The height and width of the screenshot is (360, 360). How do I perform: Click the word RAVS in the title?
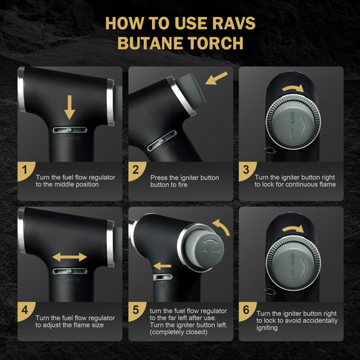click(x=234, y=23)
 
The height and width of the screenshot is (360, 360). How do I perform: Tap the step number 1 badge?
click(x=25, y=170)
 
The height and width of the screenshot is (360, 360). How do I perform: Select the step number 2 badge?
click(x=136, y=170)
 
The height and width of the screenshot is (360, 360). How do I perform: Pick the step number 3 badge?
click(x=247, y=170)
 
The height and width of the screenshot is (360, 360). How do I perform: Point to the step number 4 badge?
click(x=25, y=311)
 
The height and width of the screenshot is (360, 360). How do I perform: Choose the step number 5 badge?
click(x=136, y=311)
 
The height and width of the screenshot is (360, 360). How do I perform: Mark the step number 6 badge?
click(x=247, y=311)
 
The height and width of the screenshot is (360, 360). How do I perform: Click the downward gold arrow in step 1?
click(x=70, y=107)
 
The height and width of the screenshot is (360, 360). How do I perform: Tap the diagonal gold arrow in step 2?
click(x=216, y=78)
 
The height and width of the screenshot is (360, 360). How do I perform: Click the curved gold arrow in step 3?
click(x=292, y=88)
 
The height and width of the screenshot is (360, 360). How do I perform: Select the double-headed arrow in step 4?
click(x=70, y=257)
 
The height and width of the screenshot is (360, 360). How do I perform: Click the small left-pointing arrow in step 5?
click(x=162, y=266)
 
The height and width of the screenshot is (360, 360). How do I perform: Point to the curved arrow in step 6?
click(x=292, y=229)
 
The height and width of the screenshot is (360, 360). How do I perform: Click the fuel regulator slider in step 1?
click(x=70, y=130)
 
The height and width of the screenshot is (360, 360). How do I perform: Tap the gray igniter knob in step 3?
click(x=293, y=122)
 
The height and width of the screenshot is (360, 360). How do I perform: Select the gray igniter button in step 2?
click(x=191, y=91)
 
